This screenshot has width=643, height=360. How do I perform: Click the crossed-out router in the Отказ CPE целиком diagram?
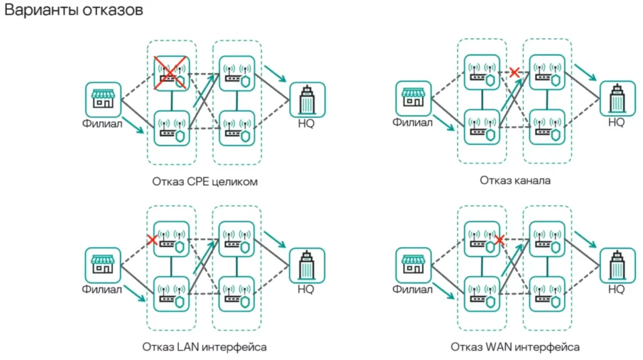click(171, 73)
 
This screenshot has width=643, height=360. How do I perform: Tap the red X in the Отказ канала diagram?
click(515, 73)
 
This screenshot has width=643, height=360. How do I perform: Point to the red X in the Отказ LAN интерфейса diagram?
click(151, 239)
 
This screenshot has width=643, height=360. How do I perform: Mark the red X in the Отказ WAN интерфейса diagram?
click(499, 239)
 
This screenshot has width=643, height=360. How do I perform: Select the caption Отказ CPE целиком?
click(205, 182)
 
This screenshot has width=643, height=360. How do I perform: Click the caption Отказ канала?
click(516, 181)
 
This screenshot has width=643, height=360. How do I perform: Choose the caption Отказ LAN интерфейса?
click(205, 347)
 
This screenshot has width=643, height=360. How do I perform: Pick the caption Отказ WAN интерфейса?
click(515, 347)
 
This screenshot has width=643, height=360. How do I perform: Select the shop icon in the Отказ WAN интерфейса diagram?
click(413, 265)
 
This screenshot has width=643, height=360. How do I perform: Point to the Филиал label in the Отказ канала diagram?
click(413, 123)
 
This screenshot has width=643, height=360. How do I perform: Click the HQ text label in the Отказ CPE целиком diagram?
click(306, 123)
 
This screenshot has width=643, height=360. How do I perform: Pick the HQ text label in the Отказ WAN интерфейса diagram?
click(616, 289)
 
